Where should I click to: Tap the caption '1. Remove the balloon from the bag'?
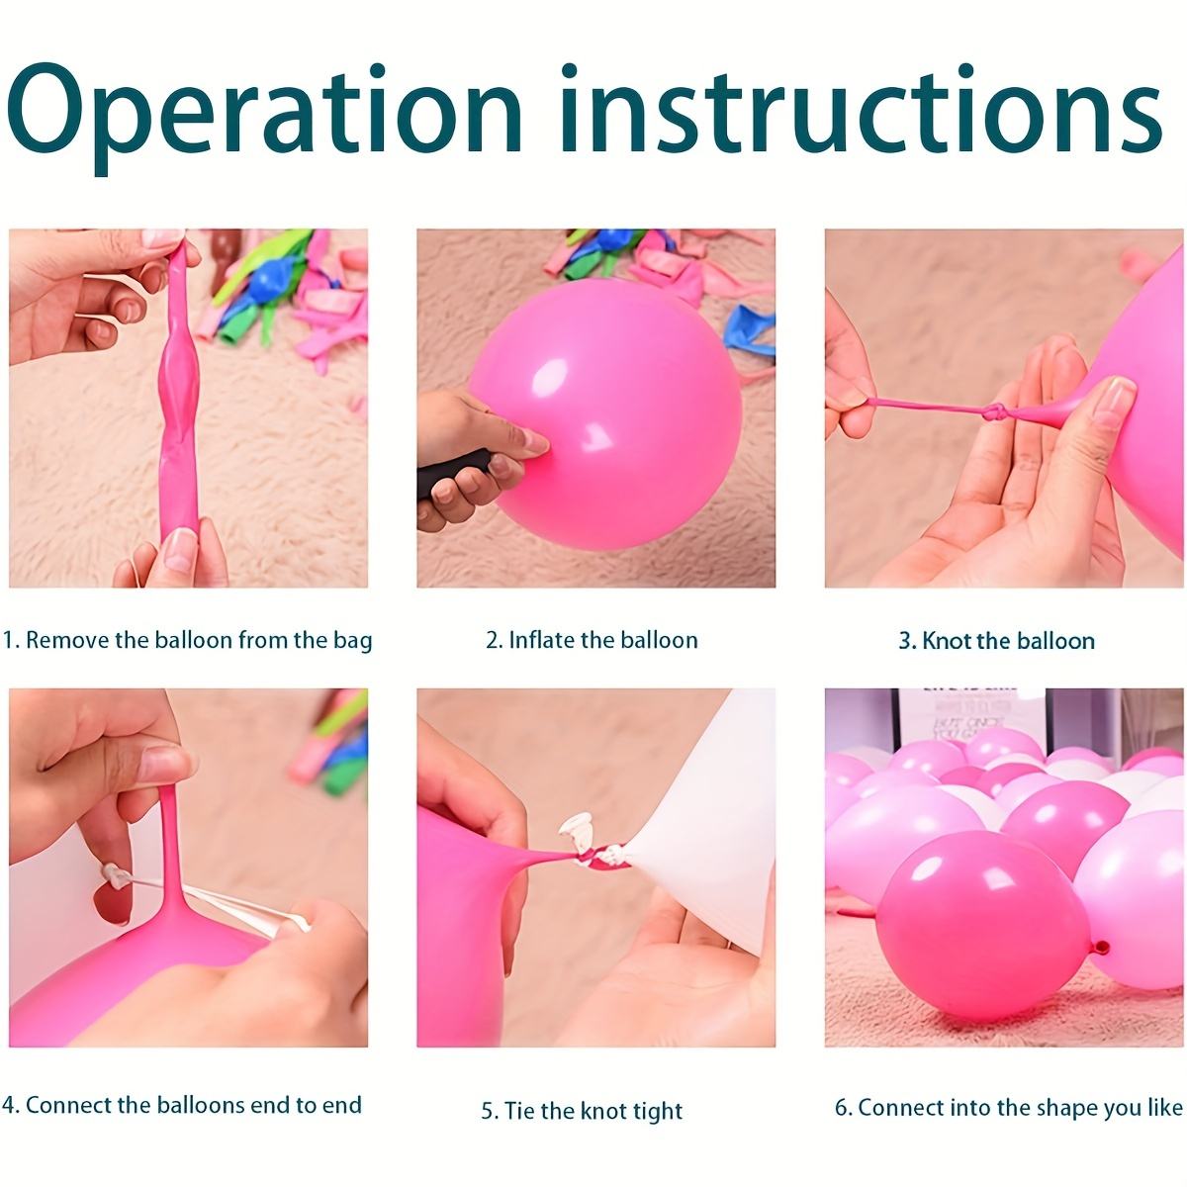pos(187,640)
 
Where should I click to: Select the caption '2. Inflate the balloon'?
pos(592,640)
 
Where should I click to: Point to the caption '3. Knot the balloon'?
pos(996,641)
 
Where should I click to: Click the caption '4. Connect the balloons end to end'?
pos(182,1105)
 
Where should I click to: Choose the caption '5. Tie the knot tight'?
pos(582,1111)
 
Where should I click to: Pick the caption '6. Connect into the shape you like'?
pos(1008,1107)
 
